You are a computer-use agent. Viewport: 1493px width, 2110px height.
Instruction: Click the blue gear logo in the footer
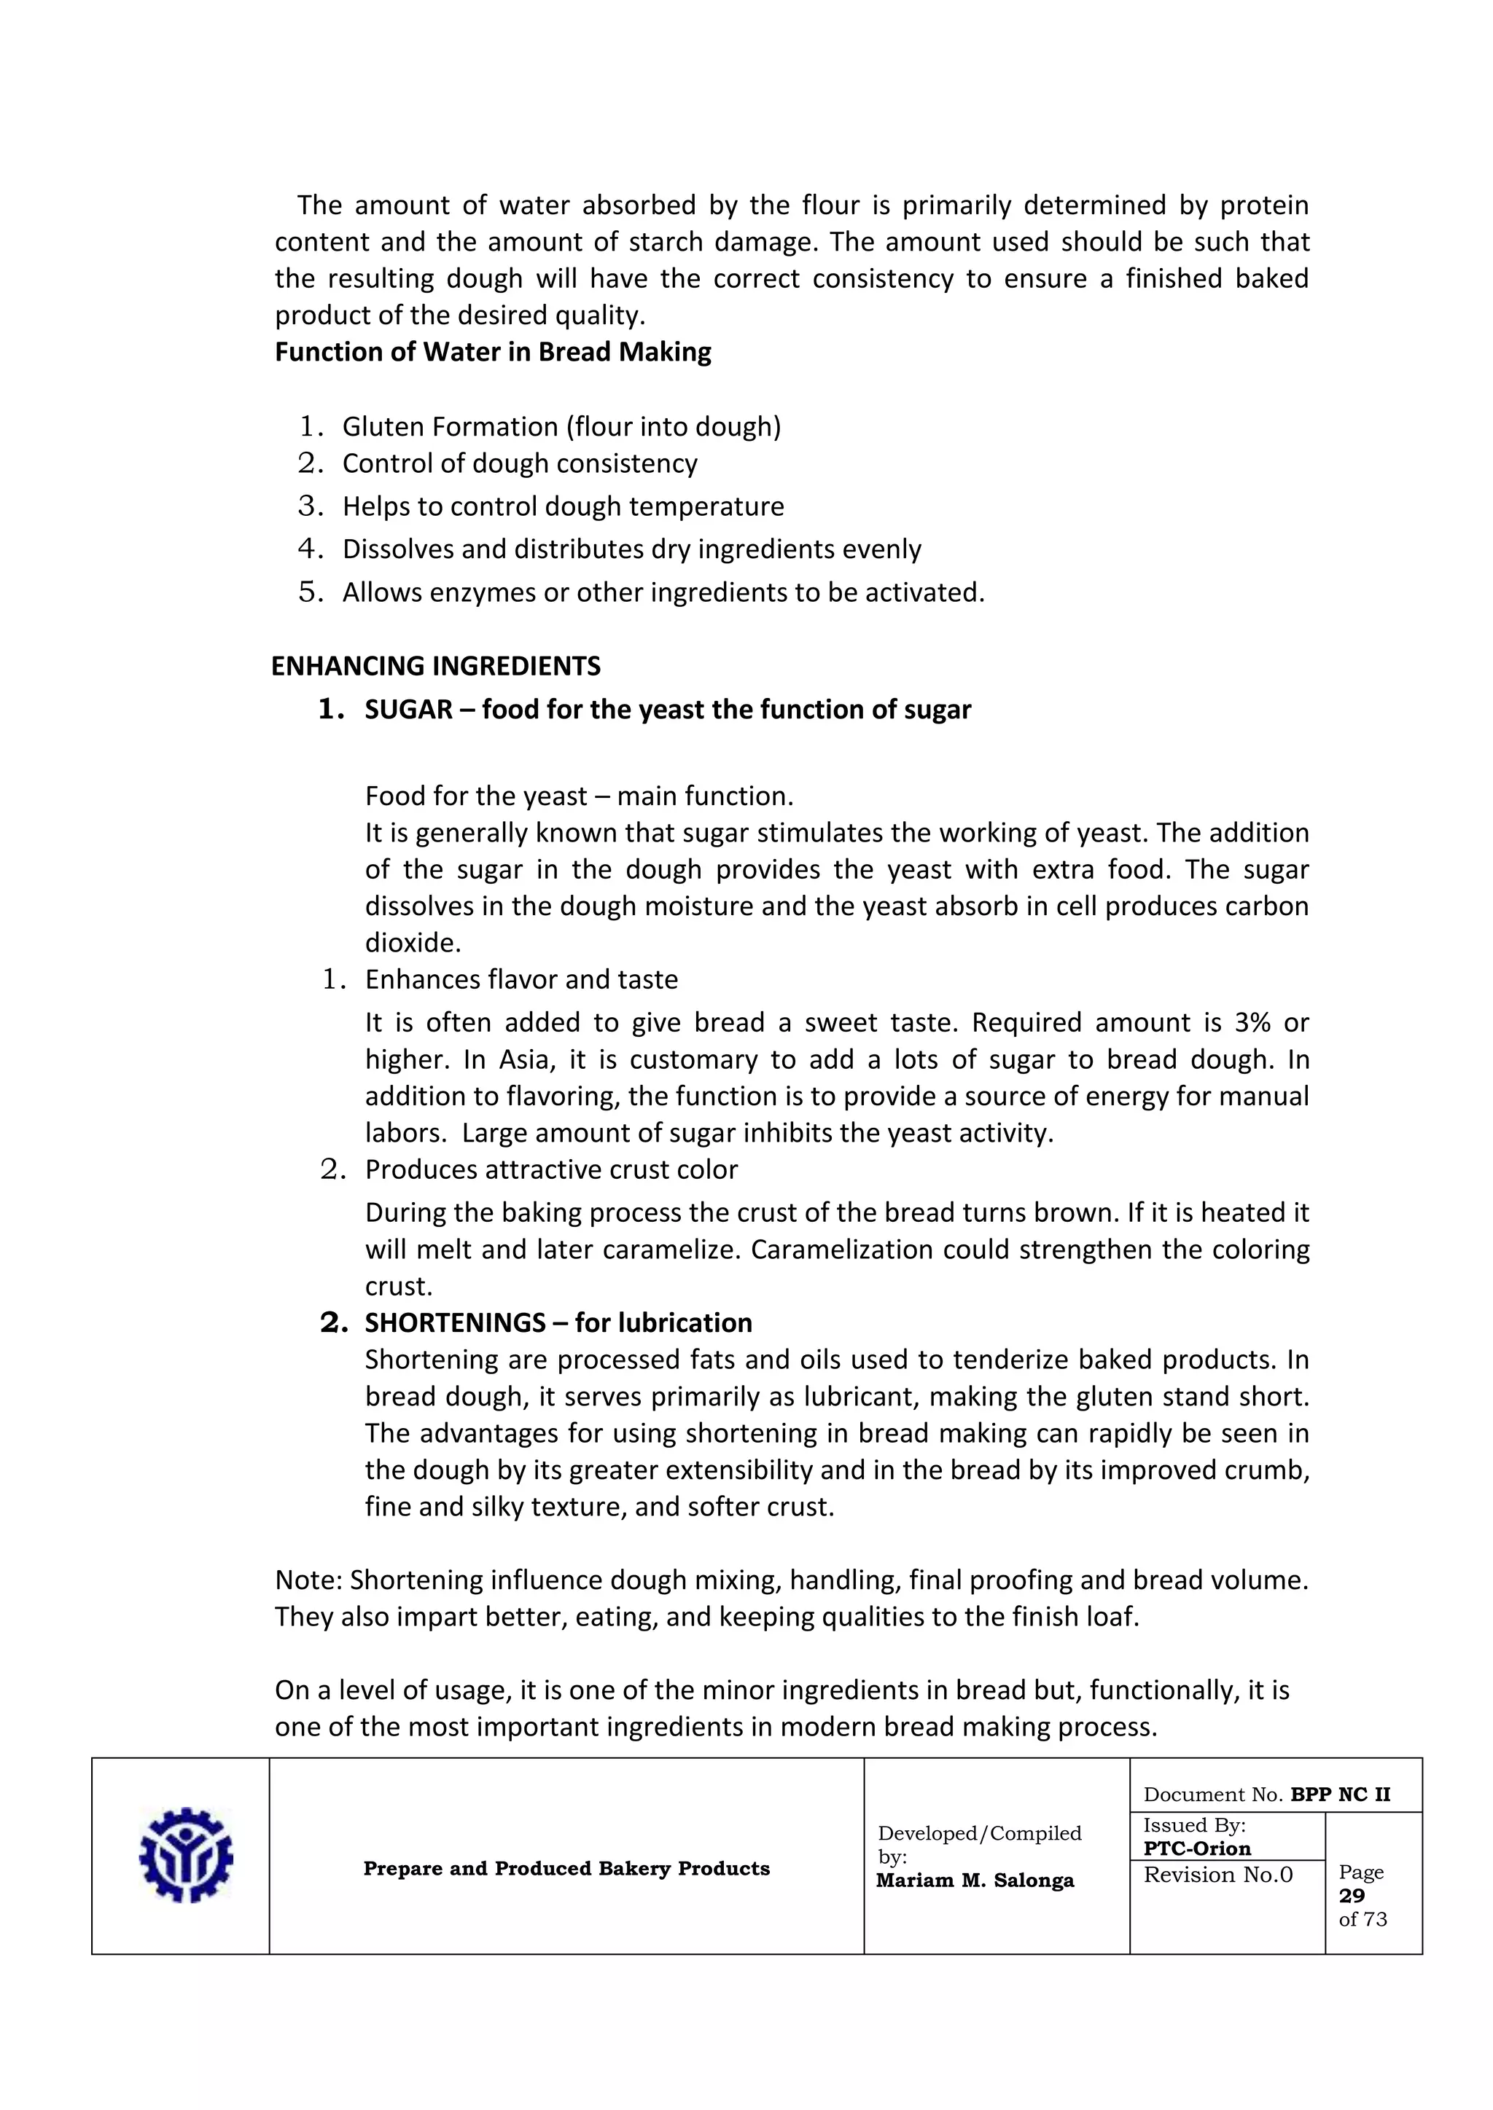(186, 1856)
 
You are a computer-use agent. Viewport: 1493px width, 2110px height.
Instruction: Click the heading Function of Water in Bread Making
(493, 352)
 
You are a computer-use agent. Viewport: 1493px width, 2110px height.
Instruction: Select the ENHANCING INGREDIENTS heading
(436, 666)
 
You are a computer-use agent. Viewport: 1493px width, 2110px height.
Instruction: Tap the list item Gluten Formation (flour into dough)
(561, 426)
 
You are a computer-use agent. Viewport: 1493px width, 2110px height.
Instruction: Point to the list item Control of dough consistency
(520, 463)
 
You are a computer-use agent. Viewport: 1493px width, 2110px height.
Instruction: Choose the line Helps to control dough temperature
(563, 506)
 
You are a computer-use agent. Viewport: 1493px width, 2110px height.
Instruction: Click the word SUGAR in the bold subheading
(408, 710)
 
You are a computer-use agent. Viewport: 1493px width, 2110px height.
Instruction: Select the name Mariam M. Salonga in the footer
(975, 1880)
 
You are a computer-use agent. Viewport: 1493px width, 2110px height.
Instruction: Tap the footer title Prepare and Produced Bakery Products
(566, 1868)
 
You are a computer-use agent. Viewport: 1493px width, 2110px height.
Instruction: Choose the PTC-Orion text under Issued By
(1196, 1848)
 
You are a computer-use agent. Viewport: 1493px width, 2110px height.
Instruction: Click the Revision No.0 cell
(1217, 1875)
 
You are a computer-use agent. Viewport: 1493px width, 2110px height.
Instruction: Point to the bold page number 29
(1352, 1895)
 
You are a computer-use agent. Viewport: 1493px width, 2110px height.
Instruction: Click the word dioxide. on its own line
(413, 943)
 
